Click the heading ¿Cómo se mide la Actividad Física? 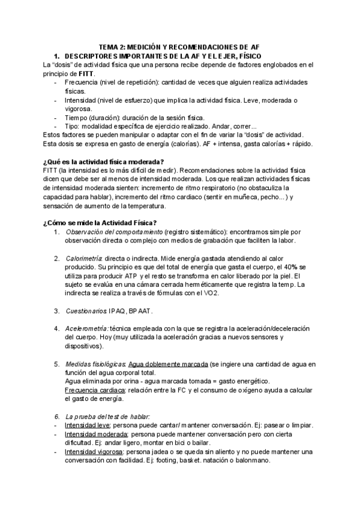[100, 223]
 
